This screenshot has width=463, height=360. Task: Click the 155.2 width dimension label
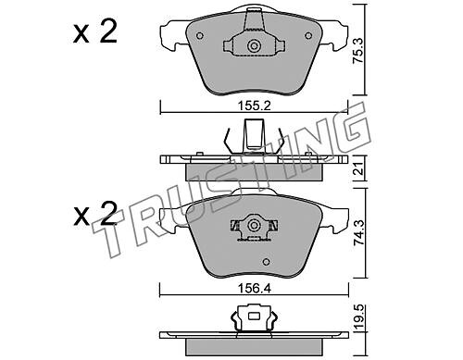point(254,106)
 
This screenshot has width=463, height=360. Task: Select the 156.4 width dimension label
point(254,289)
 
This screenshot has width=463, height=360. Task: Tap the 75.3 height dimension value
point(358,51)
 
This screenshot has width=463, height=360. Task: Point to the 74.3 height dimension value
point(358,232)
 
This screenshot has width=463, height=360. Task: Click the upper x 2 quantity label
point(95,31)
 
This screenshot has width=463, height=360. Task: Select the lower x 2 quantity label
point(95,214)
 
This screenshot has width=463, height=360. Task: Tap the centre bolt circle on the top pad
point(254,46)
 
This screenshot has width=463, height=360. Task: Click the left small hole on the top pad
point(200,36)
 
